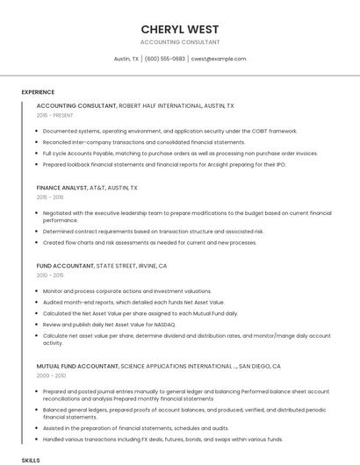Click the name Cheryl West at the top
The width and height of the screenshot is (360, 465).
tap(180, 29)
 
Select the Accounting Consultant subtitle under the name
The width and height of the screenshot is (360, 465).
tap(180, 42)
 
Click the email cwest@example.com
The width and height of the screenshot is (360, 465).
tap(219, 59)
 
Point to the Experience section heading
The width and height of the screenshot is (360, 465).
tap(38, 92)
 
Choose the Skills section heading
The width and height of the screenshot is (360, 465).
tap(31, 460)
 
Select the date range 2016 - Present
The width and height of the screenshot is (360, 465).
tap(54, 115)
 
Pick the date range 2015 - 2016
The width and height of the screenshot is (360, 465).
tap(50, 197)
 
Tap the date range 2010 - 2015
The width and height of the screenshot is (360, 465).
tap(50, 275)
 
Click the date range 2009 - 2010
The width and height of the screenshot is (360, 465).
tap(50, 351)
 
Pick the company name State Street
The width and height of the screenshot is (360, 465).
tap(119, 265)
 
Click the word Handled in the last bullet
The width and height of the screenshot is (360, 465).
tap(54, 440)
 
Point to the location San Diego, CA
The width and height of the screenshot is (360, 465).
tap(259, 341)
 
